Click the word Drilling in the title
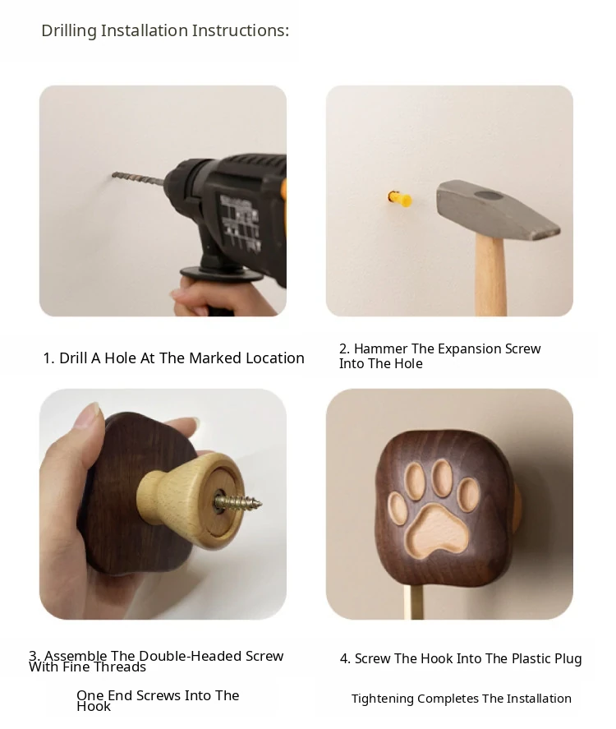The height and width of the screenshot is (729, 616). tap(69, 30)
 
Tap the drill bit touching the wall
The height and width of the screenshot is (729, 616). tap(138, 178)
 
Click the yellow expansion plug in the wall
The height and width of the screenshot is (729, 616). tap(400, 199)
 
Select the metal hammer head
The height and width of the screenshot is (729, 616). tap(498, 210)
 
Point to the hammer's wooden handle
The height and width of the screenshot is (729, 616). tap(490, 276)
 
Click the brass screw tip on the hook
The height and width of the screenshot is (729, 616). tap(238, 503)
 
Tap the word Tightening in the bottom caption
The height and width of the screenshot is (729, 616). tap(382, 699)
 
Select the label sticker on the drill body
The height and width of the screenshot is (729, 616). tap(240, 221)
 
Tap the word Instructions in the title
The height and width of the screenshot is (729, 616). tap(241, 30)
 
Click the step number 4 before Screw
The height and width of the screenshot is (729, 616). tap(344, 659)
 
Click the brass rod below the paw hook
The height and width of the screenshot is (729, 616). tap(413, 602)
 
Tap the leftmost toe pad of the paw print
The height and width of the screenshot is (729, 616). tap(398, 508)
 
